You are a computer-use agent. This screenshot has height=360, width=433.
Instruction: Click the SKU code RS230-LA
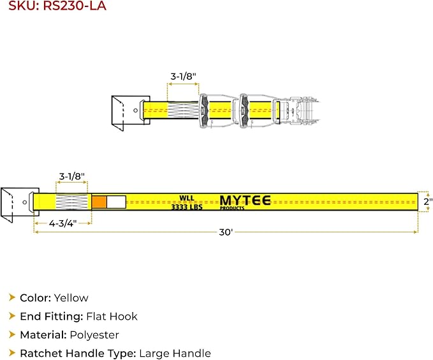coord(75,6)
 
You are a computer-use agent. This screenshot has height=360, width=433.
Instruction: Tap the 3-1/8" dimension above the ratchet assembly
coord(184,76)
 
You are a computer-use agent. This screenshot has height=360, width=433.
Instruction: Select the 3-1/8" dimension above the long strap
coord(72,176)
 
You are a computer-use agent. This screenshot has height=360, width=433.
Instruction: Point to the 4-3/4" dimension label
coord(62,223)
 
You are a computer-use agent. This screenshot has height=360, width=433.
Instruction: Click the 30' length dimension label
coord(226,232)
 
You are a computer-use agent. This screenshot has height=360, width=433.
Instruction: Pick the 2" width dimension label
coord(428,202)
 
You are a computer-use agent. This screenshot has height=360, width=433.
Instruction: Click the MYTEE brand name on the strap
coord(245,200)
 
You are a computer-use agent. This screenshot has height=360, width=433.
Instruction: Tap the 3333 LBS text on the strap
coord(187,207)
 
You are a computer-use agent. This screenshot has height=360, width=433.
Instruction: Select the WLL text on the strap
coord(187,199)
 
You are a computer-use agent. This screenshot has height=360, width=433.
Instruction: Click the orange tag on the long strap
coord(99,202)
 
